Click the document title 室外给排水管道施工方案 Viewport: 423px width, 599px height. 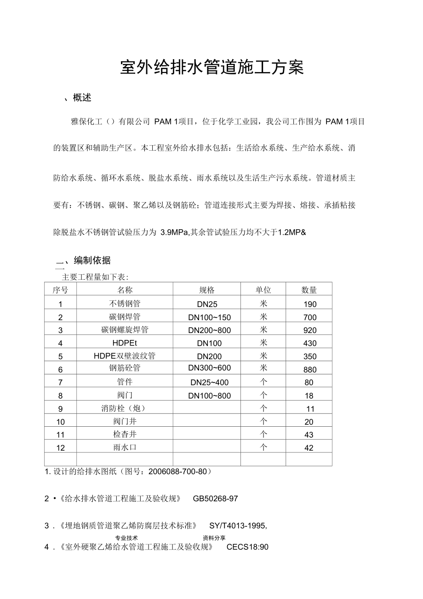click(x=212, y=68)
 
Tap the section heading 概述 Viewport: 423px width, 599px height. click(x=82, y=98)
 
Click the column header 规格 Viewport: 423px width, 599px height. click(x=206, y=290)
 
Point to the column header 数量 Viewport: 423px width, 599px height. click(x=309, y=290)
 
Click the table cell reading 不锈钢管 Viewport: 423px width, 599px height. click(x=125, y=303)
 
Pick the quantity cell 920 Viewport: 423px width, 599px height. click(x=310, y=330)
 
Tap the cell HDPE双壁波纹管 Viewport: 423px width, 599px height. click(x=125, y=356)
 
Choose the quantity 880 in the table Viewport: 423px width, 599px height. click(x=310, y=369)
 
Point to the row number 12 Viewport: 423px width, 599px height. click(x=61, y=448)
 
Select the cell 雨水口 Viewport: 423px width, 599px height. click(x=125, y=447)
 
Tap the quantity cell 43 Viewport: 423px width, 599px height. click(x=309, y=435)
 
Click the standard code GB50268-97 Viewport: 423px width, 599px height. click(x=215, y=498)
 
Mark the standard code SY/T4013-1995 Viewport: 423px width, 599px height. click(x=237, y=526)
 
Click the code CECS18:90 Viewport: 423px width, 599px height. click(x=247, y=547)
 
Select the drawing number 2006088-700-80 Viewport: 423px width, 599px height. click(x=177, y=471)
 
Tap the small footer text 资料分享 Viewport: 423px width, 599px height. click(x=214, y=537)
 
